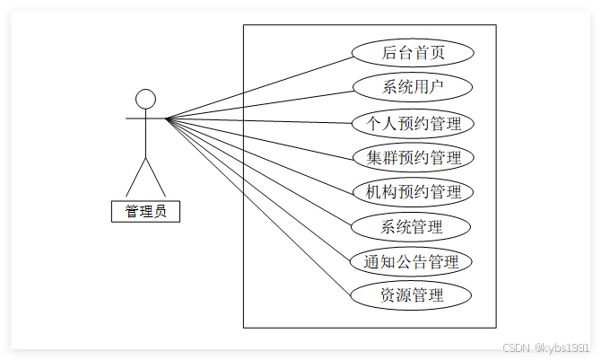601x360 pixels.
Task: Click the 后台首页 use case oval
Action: [x=413, y=53]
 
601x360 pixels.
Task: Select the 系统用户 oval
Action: [x=413, y=87]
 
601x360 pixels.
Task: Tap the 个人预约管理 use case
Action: [x=413, y=122]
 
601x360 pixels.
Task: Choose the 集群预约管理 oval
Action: [x=413, y=157]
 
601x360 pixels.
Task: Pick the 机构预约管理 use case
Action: [x=413, y=191]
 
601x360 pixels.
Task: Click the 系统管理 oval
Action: [x=413, y=226]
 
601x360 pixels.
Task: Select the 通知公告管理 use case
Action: [x=413, y=262]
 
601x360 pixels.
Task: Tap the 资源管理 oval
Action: [x=413, y=294]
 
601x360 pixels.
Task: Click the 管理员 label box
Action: [x=145, y=212]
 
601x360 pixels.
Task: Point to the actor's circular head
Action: [x=145, y=98]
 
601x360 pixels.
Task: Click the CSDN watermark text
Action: [x=544, y=347]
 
